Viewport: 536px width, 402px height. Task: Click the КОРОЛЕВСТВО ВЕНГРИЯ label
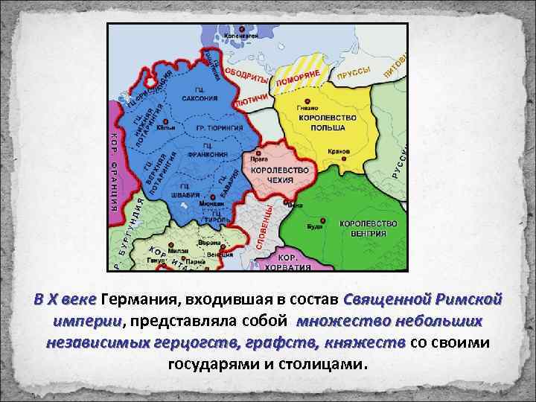pyautogui.click(x=368, y=228)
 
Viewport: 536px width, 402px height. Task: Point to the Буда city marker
pyautogui.click(x=324, y=220)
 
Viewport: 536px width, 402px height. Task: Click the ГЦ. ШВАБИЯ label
pyautogui.click(x=185, y=191)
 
